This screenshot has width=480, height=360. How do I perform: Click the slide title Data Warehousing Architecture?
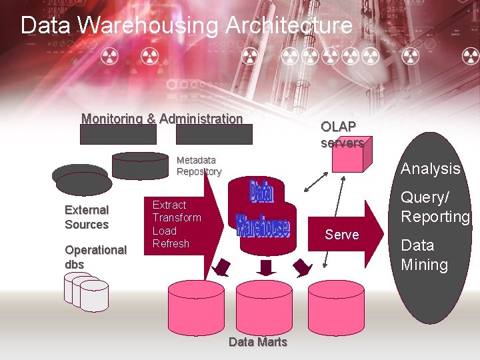pos(186,25)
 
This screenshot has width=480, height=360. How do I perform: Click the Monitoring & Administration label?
pos(162,119)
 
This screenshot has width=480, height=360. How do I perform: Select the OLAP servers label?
pos(342,134)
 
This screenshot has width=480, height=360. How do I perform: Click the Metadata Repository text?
pos(199,166)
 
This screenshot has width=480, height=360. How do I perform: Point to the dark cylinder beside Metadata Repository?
pos(140,165)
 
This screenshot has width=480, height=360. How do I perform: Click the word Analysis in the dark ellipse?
pos(430,169)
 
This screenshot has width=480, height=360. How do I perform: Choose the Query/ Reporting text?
pos(435,207)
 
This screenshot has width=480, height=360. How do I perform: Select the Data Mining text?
pos(424,255)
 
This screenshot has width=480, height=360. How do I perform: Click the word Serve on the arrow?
pos(341,235)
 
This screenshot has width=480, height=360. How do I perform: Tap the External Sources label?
pos(87,217)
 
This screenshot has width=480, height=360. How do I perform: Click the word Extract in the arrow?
pos(169,205)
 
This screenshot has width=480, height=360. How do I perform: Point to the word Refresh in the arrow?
pos(171,243)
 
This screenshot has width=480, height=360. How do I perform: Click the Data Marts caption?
pos(257,342)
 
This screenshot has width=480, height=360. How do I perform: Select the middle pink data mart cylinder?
pos(264,305)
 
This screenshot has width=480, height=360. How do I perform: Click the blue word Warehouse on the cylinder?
pos(263,227)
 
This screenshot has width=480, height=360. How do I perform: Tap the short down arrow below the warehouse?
pos(266,267)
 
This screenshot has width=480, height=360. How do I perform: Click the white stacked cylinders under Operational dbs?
pos(87,291)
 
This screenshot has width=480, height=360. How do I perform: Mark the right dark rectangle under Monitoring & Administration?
pos(214,135)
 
